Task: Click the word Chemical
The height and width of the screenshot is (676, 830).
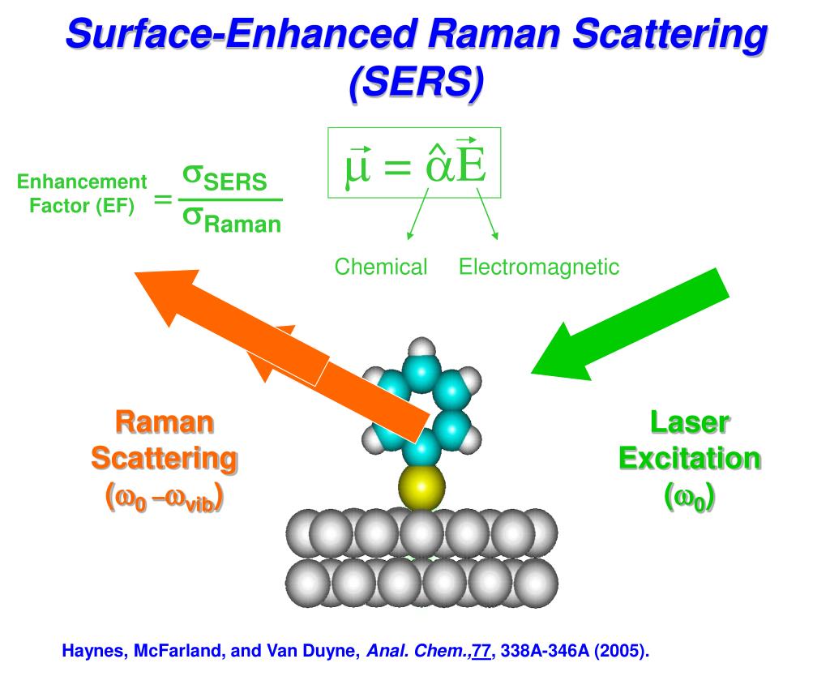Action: pyautogui.click(x=381, y=267)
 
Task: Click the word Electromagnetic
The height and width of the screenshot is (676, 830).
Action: pyautogui.click(x=539, y=267)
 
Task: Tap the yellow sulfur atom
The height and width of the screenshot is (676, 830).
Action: pyautogui.click(x=421, y=487)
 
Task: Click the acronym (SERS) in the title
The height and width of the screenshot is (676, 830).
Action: pyautogui.click(x=417, y=83)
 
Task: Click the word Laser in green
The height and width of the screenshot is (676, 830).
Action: pyautogui.click(x=690, y=422)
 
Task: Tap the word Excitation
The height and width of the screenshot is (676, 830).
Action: pyautogui.click(x=690, y=459)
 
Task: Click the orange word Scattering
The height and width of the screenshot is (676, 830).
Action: pyautogui.click(x=164, y=459)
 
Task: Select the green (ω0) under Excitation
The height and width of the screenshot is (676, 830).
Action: pyautogui.click(x=690, y=497)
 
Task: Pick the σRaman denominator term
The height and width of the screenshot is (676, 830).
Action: pyautogui.click(x=231, y=220)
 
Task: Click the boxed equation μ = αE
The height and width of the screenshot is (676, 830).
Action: pyautogui.click(x=414, y=162)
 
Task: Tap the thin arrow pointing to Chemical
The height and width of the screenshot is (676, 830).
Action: pyautogui.click(x=417, y=215)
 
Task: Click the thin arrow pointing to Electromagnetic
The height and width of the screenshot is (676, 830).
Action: pyautogui.click(x=487, y=215)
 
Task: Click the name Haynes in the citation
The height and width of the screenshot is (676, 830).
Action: pyautogui.click(x=92, y=651)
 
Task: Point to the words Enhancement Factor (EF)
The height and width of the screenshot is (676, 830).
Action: pyautogui.click(x=82, y=193)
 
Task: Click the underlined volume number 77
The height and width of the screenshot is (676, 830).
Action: pyautogui.click(x=481, y=651)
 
